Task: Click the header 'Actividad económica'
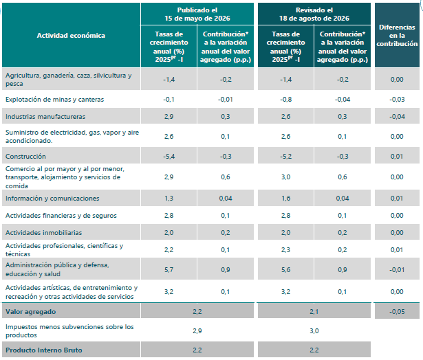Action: click(71, 36)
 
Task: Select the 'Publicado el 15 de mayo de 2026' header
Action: click(197, 14)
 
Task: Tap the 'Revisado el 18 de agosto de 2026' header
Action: click(314, 14)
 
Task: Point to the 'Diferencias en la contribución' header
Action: click(397, 35)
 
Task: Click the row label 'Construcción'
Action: click(25, 156)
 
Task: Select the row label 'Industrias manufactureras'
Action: click(45, 116)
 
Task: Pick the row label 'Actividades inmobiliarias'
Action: click(44, 232)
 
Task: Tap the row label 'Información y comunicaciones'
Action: click(52, 199)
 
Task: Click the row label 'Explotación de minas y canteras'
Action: click(55, 100)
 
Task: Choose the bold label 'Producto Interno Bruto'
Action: click(44, 350)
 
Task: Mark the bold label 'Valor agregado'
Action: click(31, 312)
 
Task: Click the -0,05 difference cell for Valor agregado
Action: click(397, 312)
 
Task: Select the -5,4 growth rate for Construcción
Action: click(169, 156)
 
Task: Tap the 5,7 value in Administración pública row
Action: click(169, 270)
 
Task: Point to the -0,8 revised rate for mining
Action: click(286, 100)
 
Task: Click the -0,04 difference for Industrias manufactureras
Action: click(397, 116)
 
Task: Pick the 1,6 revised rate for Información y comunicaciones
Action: click(286, 199)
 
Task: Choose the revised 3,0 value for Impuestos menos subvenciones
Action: click(314, 330)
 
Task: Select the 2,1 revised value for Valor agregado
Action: click(314, 312)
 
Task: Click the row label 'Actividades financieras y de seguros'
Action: click(61, 216)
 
